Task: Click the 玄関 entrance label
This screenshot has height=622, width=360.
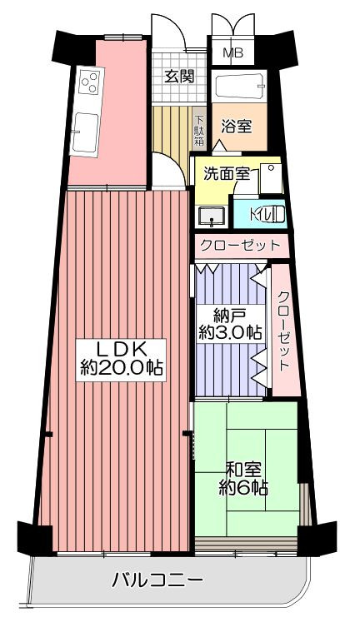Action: [179, 76]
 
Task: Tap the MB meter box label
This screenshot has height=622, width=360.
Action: [232, 52]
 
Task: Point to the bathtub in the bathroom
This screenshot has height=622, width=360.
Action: [239, 85]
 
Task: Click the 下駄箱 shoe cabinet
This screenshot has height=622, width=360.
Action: [199, 130]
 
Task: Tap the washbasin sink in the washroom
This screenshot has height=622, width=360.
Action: [212, 216]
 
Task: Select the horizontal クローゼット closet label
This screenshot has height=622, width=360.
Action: [240, 246]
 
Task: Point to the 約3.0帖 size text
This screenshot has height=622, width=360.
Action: [230, 332]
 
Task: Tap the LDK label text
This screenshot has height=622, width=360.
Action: [120, 349]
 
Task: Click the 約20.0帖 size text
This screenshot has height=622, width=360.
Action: [121, 368]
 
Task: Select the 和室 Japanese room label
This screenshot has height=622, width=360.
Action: [243, 470]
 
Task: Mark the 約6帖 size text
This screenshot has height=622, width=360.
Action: [242, 487]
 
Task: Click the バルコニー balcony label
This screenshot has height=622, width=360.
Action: [157, 581]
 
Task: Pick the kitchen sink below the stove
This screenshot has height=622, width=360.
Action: [86, 132]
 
